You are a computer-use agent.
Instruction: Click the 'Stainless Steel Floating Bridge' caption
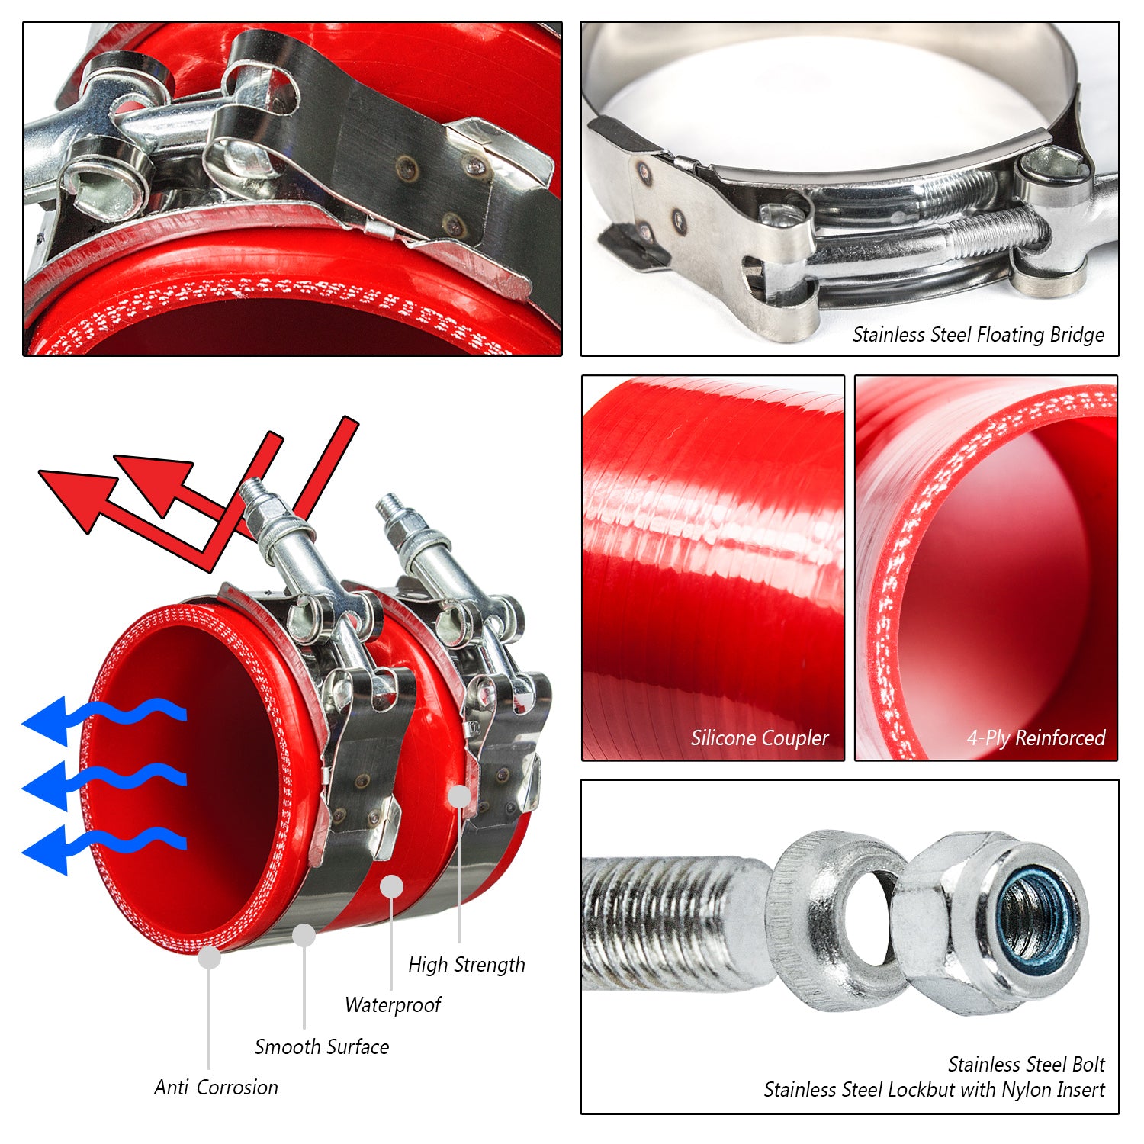coord(979,335)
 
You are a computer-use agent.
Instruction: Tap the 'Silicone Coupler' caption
coord(760,738)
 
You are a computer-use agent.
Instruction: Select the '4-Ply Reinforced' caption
coord(1036,738)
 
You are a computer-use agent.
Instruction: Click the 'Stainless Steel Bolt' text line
coord(1027,1064)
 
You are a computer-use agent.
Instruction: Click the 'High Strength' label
coord(467,966)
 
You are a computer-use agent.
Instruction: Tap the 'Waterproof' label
coord(393,1005)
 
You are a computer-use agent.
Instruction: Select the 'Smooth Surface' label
coord(322,1046)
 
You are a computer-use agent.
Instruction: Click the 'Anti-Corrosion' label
coord(217,1088)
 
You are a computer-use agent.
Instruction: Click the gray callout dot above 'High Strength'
coord(459,796)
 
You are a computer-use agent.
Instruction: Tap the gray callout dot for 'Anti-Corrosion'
coord(209,957)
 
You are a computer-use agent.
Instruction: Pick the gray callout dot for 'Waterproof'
coord(391,886)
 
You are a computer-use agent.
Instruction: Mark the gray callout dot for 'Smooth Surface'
coord(304,935)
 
